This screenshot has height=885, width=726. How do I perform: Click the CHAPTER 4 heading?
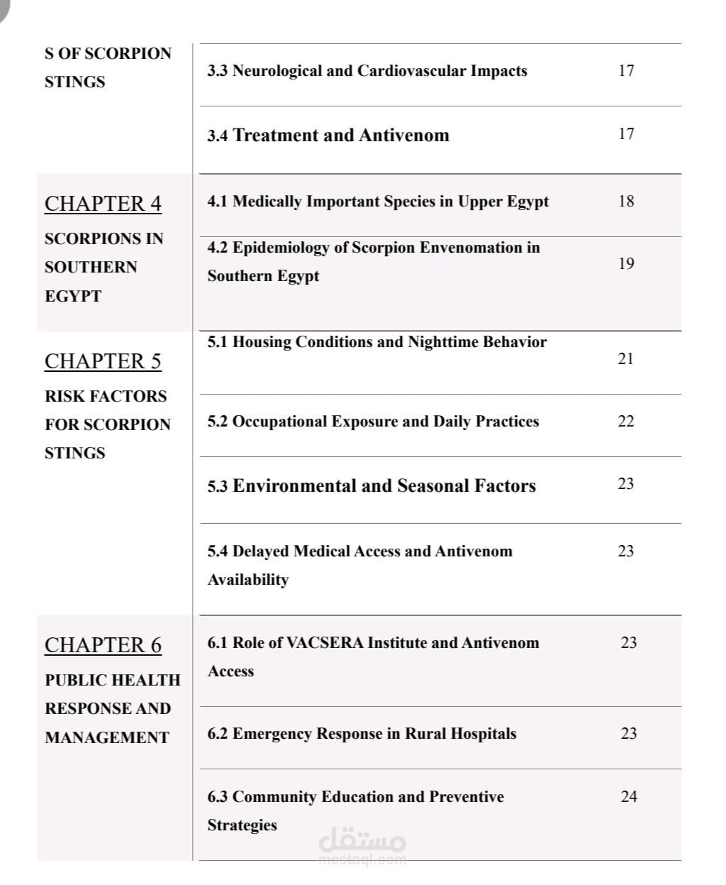(103, 204)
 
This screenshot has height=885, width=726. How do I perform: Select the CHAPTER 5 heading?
(103, 361)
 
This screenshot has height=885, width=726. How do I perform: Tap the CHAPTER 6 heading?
(103, 645)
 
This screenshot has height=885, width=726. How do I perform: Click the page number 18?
(626, 201)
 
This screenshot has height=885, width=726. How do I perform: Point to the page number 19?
(626, 263)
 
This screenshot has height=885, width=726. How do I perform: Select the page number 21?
(625, 358)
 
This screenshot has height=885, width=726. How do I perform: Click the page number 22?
(626, 421)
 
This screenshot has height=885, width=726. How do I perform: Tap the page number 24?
(629, 796)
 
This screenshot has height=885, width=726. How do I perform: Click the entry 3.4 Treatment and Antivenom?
(328, 135)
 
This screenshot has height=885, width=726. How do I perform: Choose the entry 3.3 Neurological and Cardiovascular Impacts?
(367, 70)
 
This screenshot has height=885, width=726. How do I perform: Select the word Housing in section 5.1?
(262, 342)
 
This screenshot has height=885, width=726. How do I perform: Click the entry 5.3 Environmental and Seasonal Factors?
(372, 486)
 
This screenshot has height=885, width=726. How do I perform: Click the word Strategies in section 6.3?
(242, 825)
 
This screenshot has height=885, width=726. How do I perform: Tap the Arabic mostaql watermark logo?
(363, 843)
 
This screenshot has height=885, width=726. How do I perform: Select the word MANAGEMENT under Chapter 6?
(107, 737)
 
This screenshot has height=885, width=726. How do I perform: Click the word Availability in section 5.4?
(248, 580)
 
